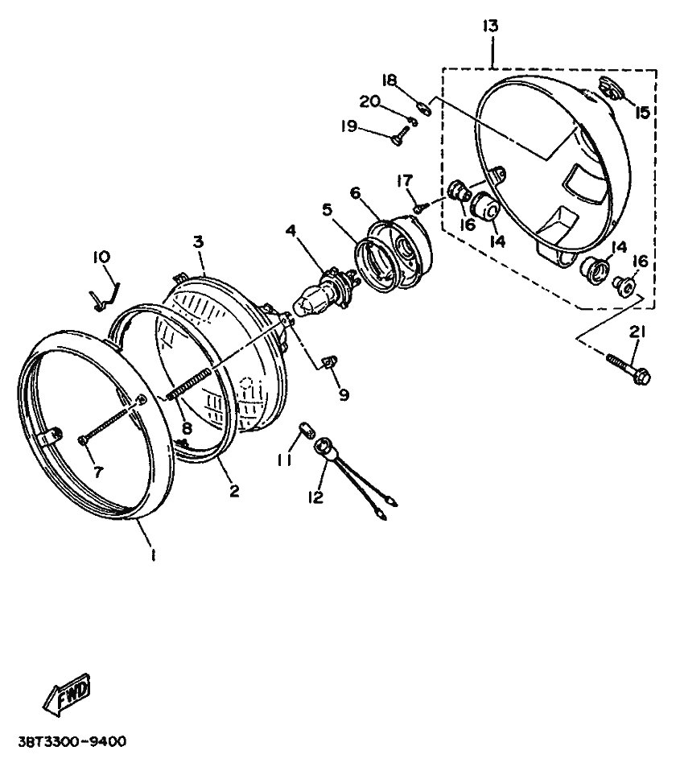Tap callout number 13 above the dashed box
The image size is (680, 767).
coord(490,26)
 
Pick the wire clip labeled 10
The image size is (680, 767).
coord(105,294)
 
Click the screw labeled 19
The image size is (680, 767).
coord(398,139)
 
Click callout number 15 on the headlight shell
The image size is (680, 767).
coord(641,113)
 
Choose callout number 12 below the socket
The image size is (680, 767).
coord(315,497)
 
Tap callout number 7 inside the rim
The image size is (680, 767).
coord(98,472)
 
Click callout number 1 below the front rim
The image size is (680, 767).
coord(153,555)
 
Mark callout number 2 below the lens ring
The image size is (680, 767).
coord(234,491)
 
